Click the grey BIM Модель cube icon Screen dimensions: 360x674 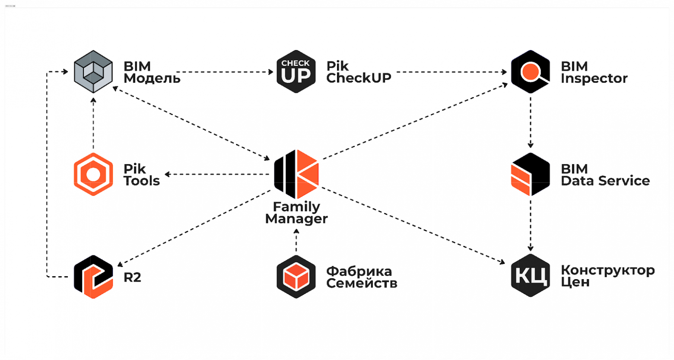pos(93,72)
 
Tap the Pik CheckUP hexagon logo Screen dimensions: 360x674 pos(296,72)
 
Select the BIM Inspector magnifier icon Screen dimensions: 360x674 pos(530,72)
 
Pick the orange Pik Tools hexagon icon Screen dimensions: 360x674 pos(93,174)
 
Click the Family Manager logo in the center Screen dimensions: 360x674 pos(296,174)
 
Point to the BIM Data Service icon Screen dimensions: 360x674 pos(530,174)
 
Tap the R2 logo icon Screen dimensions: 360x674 pos(93,277)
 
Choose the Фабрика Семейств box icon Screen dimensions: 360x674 pos(296,277)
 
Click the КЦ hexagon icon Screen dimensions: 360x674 pos(530,275)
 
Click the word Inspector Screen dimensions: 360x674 pos(594,79)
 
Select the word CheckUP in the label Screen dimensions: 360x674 pos(359,78)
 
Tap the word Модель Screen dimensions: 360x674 pos(152,79)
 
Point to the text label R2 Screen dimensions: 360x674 pos(132,277)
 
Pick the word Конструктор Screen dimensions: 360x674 pos(607,271)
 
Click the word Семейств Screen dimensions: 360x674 pos(362,284)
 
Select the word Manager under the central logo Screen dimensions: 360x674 pos(296,219)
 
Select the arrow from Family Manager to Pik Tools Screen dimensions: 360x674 pos(216,175)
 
